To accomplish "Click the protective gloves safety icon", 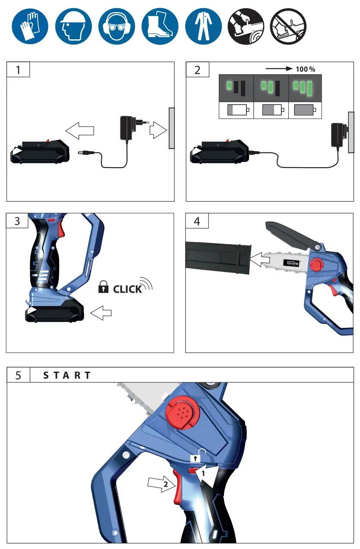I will click(x=30, y=26).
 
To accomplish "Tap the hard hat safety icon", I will click(x=73, y=26).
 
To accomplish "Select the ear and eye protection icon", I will click(x=116, y=26).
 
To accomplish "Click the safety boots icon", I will click(x=159, y=26).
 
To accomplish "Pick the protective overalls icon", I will click(x=203, y=26).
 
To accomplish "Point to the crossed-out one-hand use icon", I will click(x=288, y=26).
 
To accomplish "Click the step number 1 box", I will click(x=18, y=70).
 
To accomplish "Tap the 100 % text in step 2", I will click(x=305, y=69).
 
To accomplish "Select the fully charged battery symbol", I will click(x=304, y=110).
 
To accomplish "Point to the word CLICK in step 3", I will click(x=127, y=289).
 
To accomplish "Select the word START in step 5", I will click(x=67, y=375).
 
